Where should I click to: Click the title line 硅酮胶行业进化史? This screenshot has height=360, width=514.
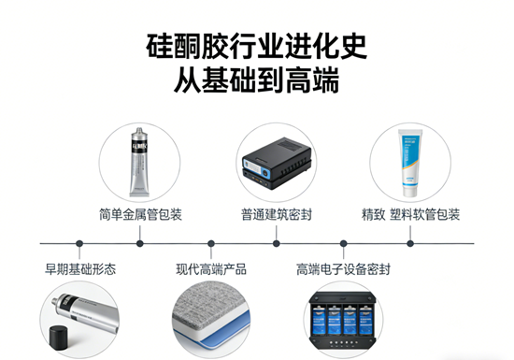click(256, 46)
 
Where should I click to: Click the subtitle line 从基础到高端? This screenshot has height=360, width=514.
click(256, 79)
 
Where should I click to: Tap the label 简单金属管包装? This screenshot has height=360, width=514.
click(140, 214)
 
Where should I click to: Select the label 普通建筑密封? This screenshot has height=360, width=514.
click(277, 214)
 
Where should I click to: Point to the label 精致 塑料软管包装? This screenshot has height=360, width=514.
click(410, 214)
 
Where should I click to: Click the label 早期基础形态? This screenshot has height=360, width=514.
click(80, 269)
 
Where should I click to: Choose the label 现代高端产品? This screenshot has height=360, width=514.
click(211, 269)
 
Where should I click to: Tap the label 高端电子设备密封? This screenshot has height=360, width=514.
click(343, 269)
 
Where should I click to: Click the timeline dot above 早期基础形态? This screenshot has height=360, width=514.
click(79, 244)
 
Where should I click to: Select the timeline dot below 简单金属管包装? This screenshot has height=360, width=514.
click(140, 244)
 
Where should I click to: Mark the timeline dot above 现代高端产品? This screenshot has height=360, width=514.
click(211, 244)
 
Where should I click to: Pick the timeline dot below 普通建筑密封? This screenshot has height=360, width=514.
click(277, 244)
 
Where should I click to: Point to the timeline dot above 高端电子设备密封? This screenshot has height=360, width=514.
click(344, 244)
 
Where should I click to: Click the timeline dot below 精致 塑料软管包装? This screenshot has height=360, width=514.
click(410, 244)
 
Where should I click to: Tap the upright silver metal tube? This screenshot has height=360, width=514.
click(139, 163)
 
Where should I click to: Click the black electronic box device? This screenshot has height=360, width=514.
click(277, 163)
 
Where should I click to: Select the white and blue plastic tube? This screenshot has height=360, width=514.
click(410, 163)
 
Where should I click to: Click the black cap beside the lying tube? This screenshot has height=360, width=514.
click(59, 338)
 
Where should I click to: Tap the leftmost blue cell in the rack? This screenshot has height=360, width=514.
click(319, 320)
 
